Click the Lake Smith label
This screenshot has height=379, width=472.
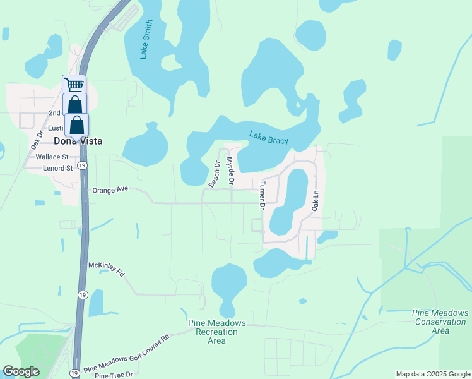pyautogui.click(x=146, y=40)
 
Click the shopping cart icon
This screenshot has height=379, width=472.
pyautogui.click(x=74, y=85)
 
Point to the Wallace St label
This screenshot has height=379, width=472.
pyautogui.click(x=52, y=156)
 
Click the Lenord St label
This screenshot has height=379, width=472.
pyautogui.click(x=58, y=169)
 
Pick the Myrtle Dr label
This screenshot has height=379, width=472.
pyautogui.click(x=230, y=171)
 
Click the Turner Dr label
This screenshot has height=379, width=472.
pyautogui.click(x=262, y=194)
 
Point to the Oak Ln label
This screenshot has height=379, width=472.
pyautogui.click(x=315, y=202)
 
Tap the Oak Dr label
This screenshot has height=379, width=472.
pyautogui.click(x=35, y=140)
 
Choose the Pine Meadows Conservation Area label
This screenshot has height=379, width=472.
pyautogui.click(x=440, y=322)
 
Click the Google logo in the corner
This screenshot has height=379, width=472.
pyautogui.click(x=21, y=371)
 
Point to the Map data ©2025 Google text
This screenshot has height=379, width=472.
pyautogui.click(x=433, y=374)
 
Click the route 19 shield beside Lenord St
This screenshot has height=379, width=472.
pyautogui.click(x=82, y=165)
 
